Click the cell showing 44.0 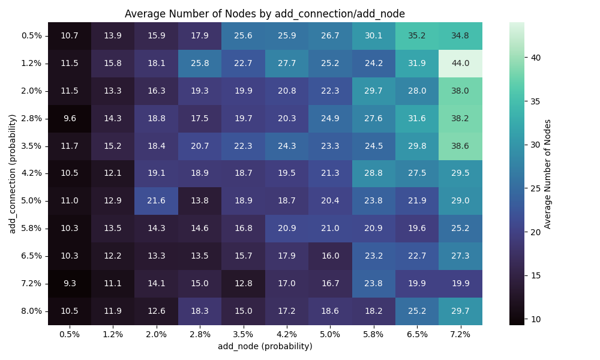coord(460,63)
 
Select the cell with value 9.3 coord(70,283)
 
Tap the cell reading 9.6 coord(70,118)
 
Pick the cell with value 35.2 coord(417,35)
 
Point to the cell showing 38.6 coord(460,146)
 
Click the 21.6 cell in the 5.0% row coord(156,200)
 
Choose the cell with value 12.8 coord(243,283)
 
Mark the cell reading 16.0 coord(330,256)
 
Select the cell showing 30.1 coord(373,35)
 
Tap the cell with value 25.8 coord(200,63)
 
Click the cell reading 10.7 coord(70,35)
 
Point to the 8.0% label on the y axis coord(31,311)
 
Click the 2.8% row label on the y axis coord(31,118)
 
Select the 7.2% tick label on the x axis coord(460,334)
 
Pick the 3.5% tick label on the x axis coord(243,334)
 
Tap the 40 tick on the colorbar coord(536,58)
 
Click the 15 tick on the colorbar coord(536,275)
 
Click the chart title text coord(265,14)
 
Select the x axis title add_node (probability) coord(265,346)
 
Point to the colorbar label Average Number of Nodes coord(547,173)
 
